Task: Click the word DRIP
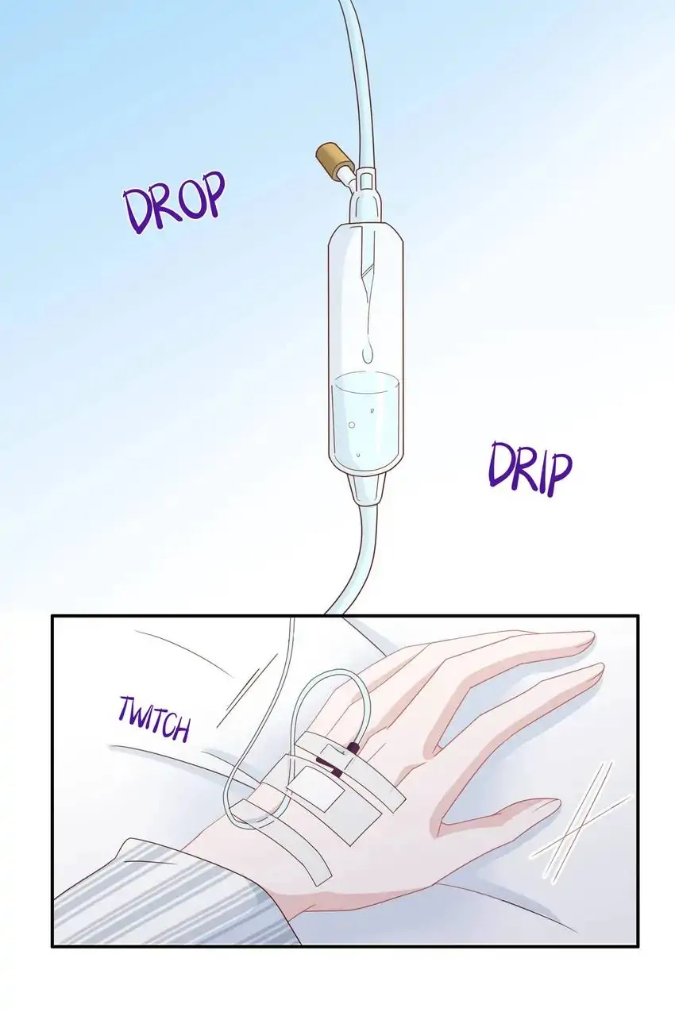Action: coord(530,469)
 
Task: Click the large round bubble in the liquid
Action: coord(351,425)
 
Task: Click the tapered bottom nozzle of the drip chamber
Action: coord(367,489)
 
